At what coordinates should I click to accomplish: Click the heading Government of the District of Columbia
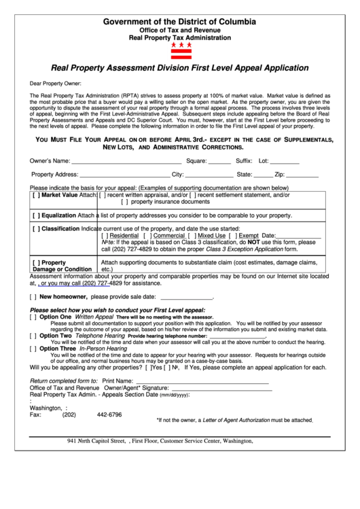pos(180,22)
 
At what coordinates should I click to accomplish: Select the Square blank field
pos(219,162)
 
